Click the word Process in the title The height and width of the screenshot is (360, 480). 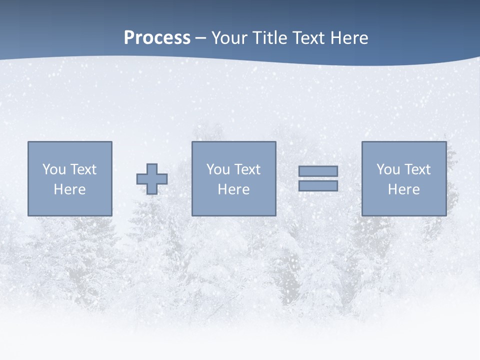pos(157,38)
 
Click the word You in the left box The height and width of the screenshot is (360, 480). pos(54,169)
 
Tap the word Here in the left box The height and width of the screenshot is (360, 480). pos(69,189)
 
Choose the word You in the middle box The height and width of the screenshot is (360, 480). pos(218,169)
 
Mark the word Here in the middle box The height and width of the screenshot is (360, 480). pos(233,189)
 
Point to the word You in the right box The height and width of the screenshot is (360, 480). pos(388,169)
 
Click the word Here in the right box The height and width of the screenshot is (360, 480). pos(403,189)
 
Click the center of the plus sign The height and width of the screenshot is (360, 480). pos(152,179)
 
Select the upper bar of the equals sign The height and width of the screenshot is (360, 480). pos(318,171)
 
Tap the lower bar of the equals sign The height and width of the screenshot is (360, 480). pos(318,186)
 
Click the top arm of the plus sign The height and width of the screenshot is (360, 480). pos(152,168)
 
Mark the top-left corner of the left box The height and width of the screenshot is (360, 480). pos(28,142)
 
